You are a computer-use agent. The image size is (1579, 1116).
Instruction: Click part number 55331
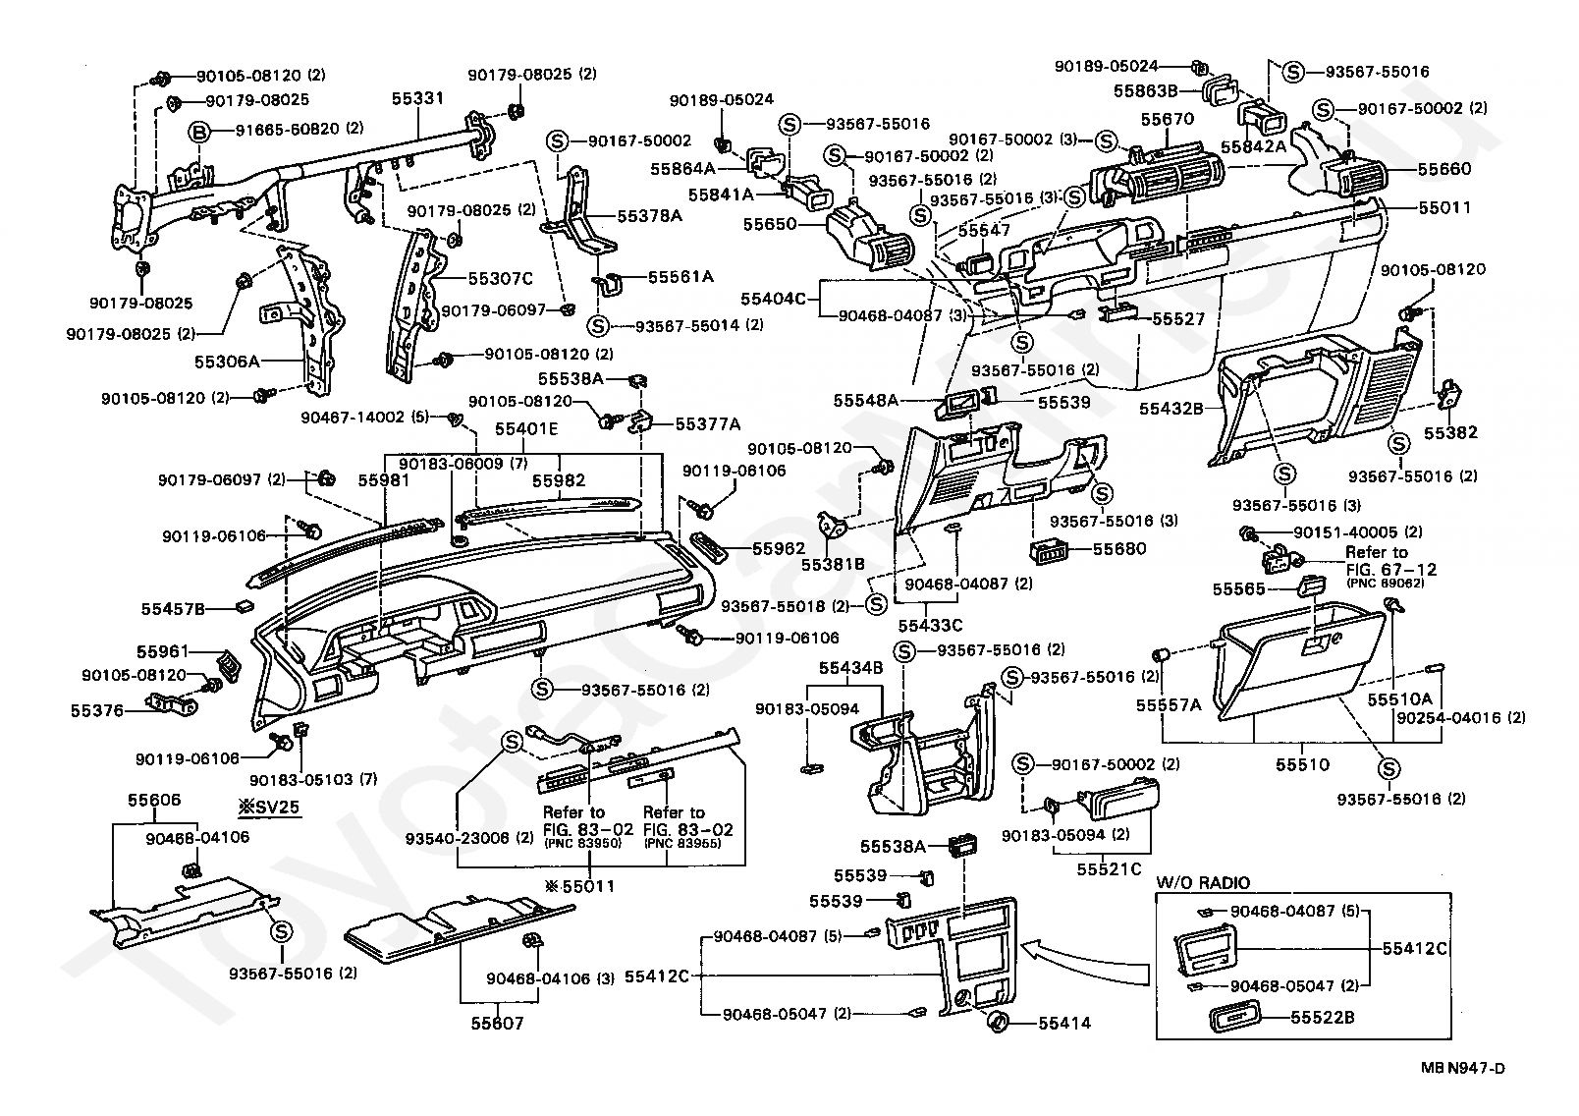pos(418,99)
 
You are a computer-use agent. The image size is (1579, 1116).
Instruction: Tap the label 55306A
pos(227,362)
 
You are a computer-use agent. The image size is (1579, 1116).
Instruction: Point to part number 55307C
pos(500,279)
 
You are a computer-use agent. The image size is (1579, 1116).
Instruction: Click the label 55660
pos(1444,169)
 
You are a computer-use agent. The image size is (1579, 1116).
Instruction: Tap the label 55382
pos(1451,432)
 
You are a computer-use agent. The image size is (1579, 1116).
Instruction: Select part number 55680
pos(1119,548)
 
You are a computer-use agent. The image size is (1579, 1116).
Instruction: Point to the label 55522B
pos(1322,1018)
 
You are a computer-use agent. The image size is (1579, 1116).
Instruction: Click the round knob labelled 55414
pos(998,1021)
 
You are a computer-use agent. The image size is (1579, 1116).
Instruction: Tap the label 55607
pos(497,1024)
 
